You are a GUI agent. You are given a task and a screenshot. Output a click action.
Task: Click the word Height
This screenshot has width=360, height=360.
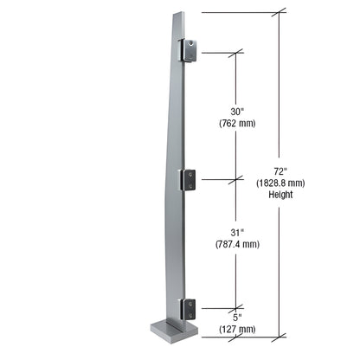click(280, 195)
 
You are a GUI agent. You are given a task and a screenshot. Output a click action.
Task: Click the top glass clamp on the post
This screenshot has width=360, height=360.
click(188, 51)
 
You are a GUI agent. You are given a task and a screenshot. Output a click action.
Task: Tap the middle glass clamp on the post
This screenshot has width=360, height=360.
click(188, 179)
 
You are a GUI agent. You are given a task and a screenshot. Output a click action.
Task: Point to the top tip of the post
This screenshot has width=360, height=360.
click(178, 14)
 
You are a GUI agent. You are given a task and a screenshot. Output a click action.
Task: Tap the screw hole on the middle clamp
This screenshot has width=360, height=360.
click(184, 180)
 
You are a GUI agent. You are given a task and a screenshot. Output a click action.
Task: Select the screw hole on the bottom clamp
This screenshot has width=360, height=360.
click(184, 308)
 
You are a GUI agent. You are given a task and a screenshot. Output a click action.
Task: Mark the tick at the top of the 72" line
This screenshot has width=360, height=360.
click(280, 13)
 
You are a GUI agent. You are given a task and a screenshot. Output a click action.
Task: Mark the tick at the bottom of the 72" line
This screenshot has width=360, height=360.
click(280, 337)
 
